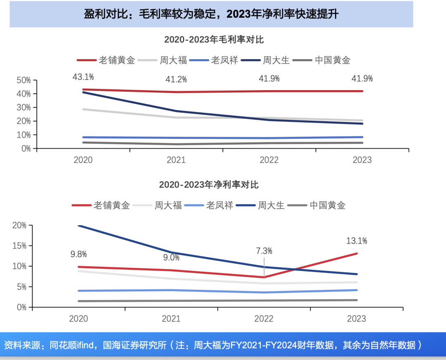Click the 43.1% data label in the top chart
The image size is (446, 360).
(83, 76)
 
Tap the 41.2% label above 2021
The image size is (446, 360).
(176, 79)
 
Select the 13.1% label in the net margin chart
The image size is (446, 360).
(356, 241)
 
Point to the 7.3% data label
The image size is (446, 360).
(264, 251)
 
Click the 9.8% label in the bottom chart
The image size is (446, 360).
(78, 254)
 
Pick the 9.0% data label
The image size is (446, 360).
(171, 257)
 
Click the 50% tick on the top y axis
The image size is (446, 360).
(24, 80)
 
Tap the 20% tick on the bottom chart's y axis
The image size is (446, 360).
(19, 225)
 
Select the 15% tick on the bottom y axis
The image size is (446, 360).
(19, 246)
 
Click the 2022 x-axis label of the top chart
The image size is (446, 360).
(269, 160)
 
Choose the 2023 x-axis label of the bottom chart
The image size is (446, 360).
(356, 319)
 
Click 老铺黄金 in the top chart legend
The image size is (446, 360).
(117, 60)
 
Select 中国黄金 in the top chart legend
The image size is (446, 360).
(332, 60)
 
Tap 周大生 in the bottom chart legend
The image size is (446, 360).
(271, 205)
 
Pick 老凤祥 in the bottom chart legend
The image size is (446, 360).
(220, 205)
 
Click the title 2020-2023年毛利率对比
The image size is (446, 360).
(214, 40)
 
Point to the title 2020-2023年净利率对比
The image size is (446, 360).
(209, 185)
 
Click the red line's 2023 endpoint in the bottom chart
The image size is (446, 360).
(356, 253)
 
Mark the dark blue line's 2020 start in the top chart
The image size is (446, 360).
(83, 92)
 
